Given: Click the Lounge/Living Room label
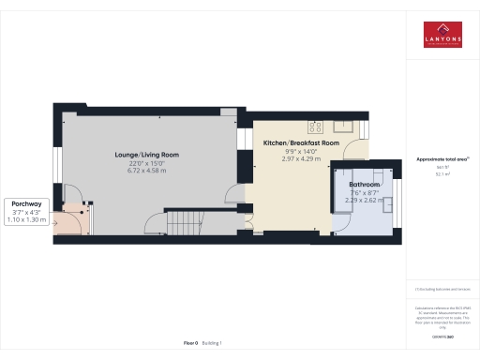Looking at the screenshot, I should pyautogui.click(x=146, y=154).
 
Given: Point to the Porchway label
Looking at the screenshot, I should pyautogui.click(x=24, y=203).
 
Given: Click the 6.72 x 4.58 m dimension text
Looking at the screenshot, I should pyautogui.click(x=146, y=171).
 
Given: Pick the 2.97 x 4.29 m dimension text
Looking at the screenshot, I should pyautogui.click(x=301, y=158).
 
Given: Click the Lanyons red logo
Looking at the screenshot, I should pyautogui.click(x=442, y=36).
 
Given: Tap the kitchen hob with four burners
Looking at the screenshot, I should pyautogui.click(x=315, y=125).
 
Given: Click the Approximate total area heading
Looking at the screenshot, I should pyautogui.click(x=442, y=160).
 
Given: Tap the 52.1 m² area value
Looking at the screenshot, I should pyautogui.click(x=442, y=174).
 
